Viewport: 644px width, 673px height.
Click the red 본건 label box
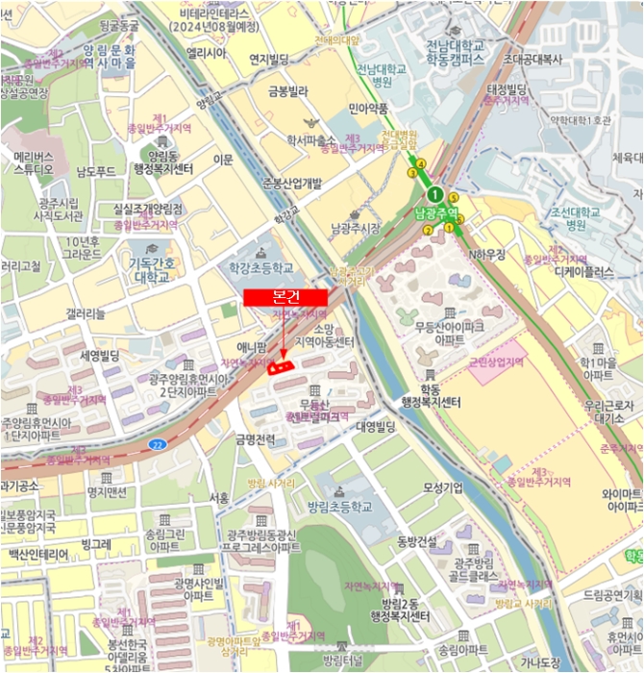coord(285,298)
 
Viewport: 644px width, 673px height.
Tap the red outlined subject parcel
coord(280,365)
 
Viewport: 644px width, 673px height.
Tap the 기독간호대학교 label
coord(152,270)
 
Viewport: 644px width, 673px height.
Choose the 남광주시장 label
coord(356,228)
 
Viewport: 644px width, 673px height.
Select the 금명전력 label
coord(256,439)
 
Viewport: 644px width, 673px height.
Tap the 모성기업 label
coord(443,487)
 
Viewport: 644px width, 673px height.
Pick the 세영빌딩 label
coord(98,356)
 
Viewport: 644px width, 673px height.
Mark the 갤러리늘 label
coord(91,314)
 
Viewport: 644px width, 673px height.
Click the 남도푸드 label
coord(96,173)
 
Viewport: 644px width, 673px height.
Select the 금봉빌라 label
coord(288,92)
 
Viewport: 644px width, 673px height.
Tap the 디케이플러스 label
coord(583,272)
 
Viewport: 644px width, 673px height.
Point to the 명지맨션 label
coord(107,492)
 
